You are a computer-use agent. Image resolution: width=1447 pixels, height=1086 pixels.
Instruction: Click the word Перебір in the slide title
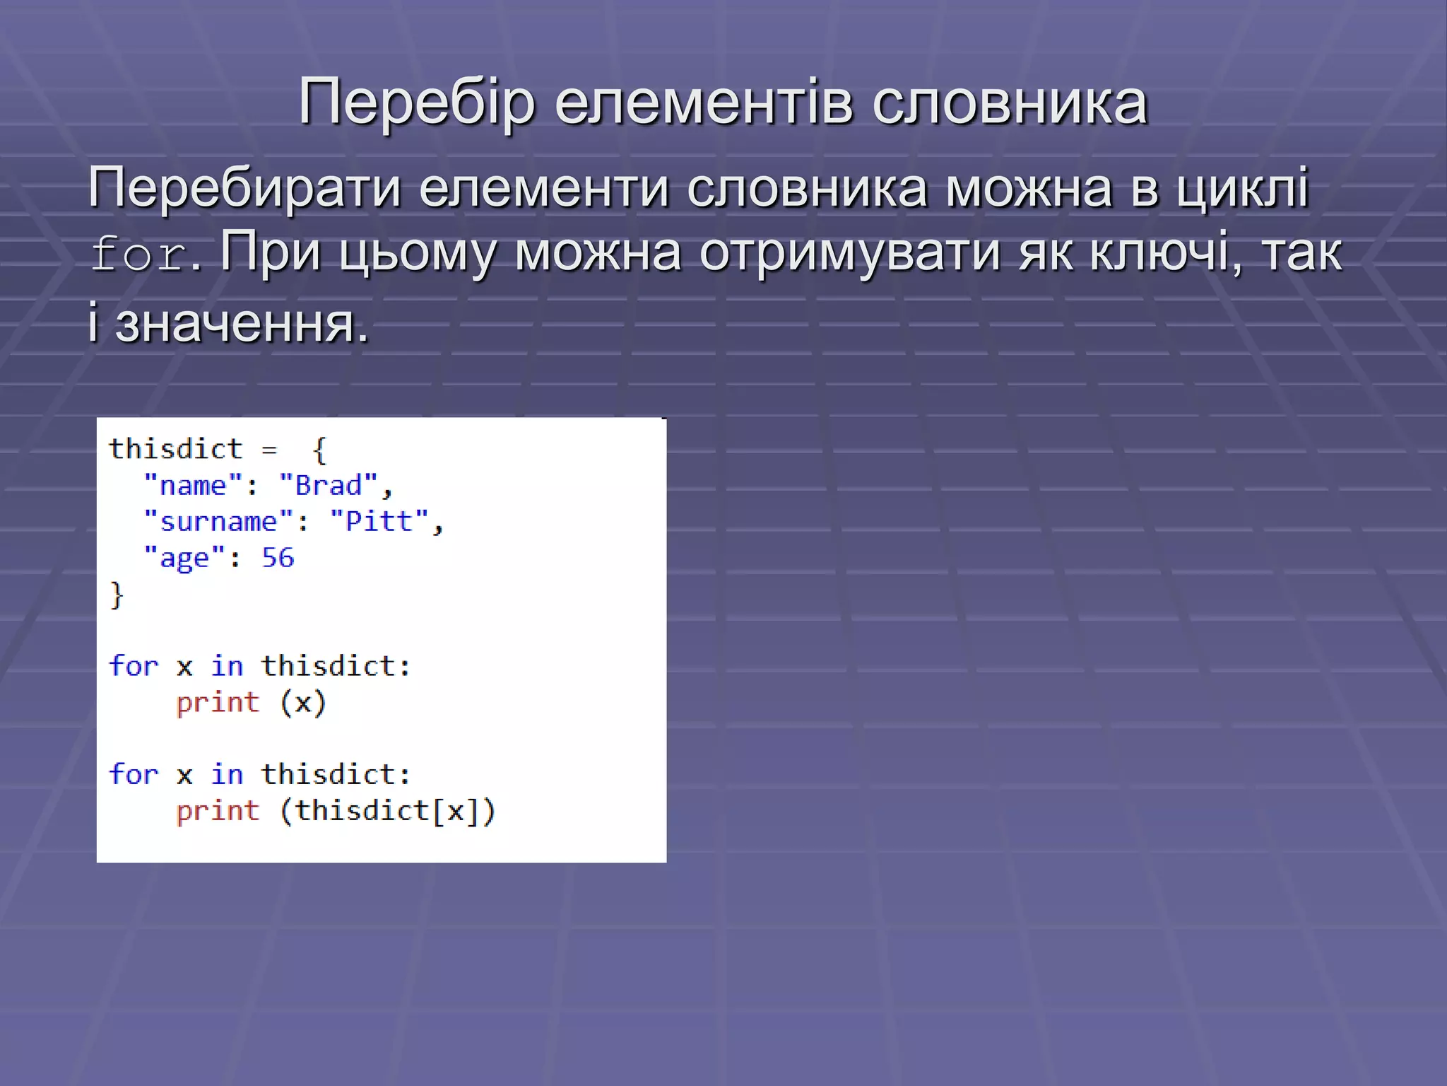(417, 104)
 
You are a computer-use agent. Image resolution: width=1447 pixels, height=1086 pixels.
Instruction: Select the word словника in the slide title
(1010, 104)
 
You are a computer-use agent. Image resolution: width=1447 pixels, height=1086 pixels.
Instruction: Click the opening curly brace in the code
(319, 450)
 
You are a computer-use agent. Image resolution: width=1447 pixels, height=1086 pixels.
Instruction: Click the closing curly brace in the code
(117, 595)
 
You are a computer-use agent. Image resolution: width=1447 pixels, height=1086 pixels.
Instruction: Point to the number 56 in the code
(278, 558)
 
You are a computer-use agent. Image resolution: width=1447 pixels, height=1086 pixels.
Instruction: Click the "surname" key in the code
(218, 522)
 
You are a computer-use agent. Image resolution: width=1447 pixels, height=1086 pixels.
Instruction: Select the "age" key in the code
(184, 558)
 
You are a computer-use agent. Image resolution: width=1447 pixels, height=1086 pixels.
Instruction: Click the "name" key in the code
(193, 486)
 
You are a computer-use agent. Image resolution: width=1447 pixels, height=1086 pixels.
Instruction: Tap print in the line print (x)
(218, 703)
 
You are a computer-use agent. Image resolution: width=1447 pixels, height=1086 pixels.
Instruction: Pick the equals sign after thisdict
(269, 450)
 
